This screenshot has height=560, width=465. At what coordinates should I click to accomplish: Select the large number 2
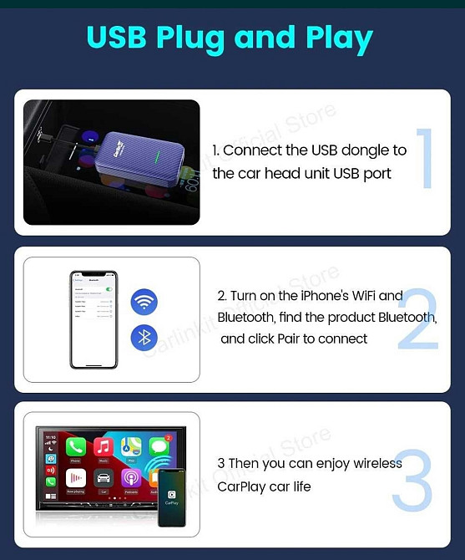coord(417,320)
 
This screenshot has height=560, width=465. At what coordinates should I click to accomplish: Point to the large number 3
coord(412,482)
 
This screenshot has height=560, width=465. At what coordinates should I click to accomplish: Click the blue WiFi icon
coord(144,302)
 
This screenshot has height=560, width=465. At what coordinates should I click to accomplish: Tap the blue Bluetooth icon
coord(144,338)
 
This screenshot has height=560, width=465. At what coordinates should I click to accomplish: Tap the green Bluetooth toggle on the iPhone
coord(109,289)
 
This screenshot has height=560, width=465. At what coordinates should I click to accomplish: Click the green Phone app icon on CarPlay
coord(76,446)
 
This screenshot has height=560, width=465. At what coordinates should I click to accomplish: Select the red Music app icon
coord(104,446)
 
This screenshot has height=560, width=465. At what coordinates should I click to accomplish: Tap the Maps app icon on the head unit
coord(131,446)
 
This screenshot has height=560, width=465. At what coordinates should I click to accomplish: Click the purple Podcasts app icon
coord(131,478)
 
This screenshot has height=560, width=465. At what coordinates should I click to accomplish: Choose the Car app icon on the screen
coord(104,478)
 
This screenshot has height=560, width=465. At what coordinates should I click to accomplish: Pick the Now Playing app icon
coord(76,478)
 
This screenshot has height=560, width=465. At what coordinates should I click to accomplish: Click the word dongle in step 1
coord(363,150)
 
